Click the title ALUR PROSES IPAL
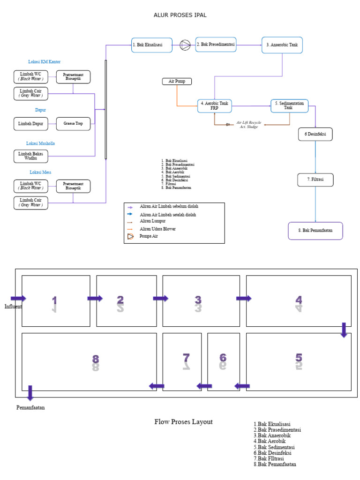pos(180,15)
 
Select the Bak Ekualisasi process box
pos(151,45)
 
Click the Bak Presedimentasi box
pos(216,45)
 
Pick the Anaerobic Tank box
pos(282,45)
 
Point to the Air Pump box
pos(177,81)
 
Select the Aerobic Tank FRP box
pos(214,106)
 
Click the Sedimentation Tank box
pos(289,106)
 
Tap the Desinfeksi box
pos(315,134)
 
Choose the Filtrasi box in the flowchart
pos(315,180)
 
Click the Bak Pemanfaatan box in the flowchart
pos(315,231)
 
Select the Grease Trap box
pos(73,124)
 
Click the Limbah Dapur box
pos(30,124)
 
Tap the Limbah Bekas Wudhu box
pos(30,156)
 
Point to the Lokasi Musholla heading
pos(44,143)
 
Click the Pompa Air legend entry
pos(149,236)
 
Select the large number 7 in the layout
pos(186,359)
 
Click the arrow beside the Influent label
pos(18,299)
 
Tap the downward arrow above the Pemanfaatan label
pos(30,393)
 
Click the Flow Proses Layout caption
pos(183,422)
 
